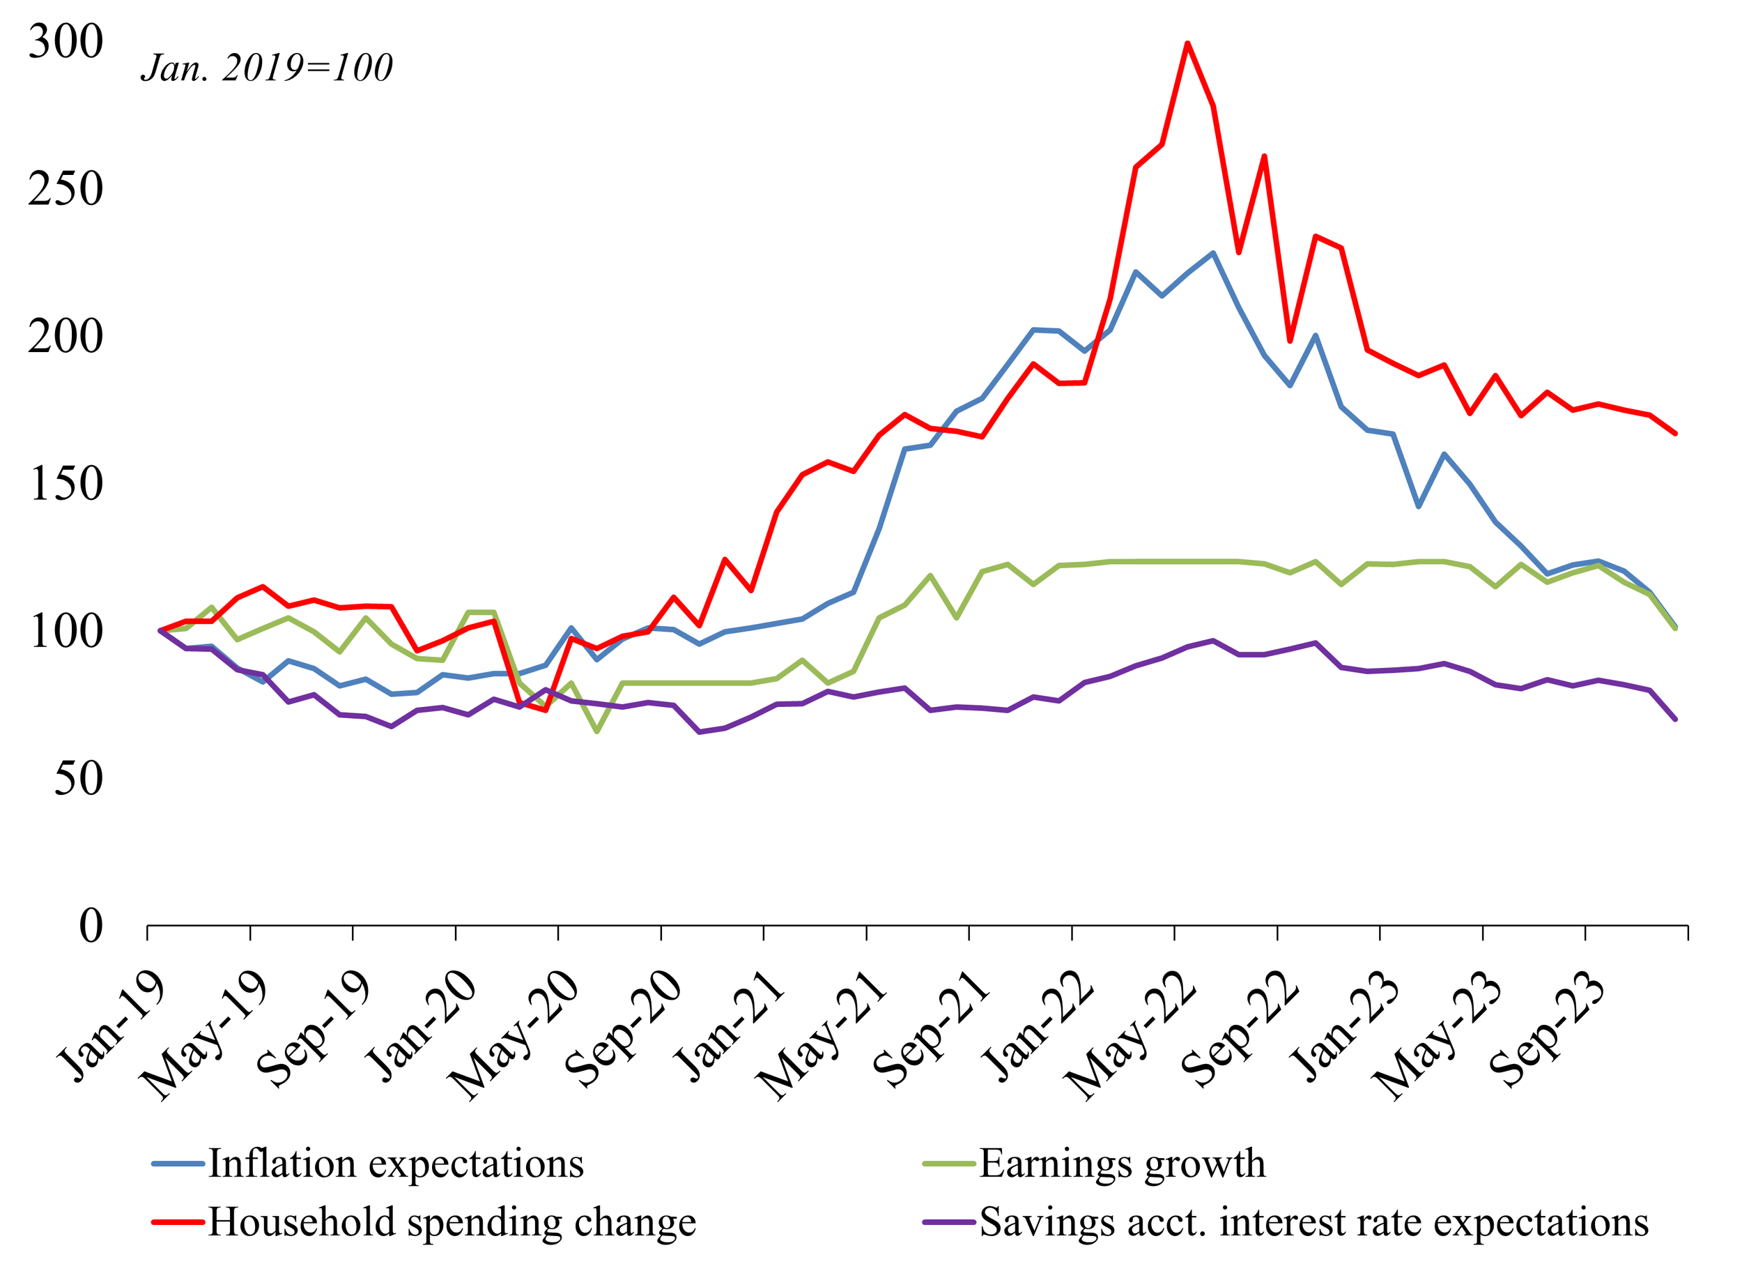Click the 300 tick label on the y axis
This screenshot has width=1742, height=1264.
point(65,42)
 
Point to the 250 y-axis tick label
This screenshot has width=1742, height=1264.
point(65,189)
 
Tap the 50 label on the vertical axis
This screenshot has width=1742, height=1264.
point(78,779)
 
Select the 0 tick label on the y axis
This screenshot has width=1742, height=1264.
point(91,927)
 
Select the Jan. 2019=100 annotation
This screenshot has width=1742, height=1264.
point(266,68)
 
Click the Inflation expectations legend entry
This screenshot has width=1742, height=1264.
point(396,1164)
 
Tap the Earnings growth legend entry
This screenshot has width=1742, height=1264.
point(1122,1164)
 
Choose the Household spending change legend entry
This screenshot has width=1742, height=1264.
point(452,1221)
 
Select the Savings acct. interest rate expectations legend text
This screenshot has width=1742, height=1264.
point(1313,1221)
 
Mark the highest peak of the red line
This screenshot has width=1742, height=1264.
point(1187,43)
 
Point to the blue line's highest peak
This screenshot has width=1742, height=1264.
point(1213,253)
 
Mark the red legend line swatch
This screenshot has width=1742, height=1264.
point(178,1221)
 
